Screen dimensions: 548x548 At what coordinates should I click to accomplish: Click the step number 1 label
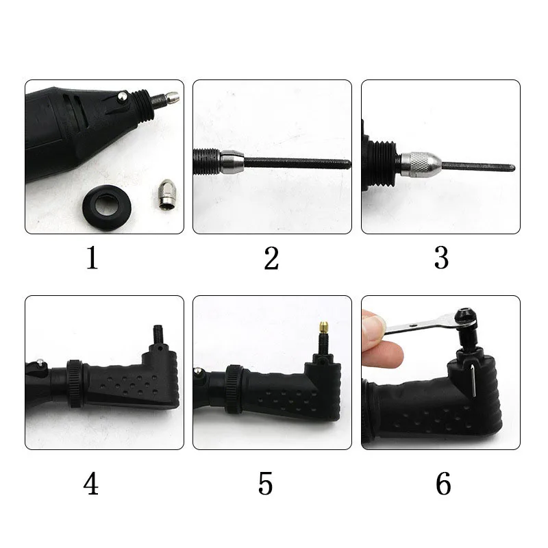coord(92,258)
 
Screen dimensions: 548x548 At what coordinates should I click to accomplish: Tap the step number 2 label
coord(271,258)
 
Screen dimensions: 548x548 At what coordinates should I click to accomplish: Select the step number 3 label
coord(441,258)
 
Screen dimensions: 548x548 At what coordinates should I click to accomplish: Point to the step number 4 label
coord(91,484)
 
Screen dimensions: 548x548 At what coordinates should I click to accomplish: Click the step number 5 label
coord(265,484)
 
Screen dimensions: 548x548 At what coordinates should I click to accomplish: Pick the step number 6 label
coord(443,484)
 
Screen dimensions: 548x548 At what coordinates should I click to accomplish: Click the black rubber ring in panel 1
coord(107,207)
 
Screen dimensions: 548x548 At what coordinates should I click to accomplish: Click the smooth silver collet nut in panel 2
coord(232,162)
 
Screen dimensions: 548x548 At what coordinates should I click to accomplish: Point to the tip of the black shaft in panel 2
coord(350,164)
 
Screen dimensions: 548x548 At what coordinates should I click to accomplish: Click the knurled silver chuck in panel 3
coord(421,164)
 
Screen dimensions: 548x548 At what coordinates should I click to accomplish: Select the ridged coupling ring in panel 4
coord(75,384)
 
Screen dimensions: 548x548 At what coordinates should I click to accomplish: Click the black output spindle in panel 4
coord(158,334)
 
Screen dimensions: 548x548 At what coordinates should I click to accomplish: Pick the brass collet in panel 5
coord(323,328)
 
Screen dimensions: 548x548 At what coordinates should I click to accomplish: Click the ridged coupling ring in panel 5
coord(234,389)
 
